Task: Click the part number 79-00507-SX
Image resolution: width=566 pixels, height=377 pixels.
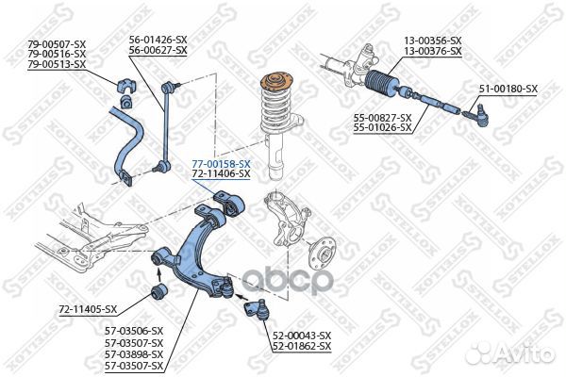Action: tap(57, 43)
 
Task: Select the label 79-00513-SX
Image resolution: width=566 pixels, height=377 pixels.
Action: tap(57, 64)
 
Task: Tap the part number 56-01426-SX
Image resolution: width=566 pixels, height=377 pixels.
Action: tap(158, 40)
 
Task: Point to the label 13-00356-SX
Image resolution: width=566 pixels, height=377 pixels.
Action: tap(433, 41)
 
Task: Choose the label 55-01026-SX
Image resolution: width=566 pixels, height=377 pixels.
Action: tap(382, 126)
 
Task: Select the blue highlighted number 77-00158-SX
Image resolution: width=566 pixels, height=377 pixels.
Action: tap(221, 164)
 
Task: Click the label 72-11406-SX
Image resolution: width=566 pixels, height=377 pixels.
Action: tap(221, 174)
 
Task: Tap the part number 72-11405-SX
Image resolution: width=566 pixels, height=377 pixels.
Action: tap(88, 309)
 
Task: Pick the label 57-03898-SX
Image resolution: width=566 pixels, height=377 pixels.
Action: tap(133, 355)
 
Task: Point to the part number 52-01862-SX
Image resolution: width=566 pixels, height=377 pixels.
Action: tap(302, 347)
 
